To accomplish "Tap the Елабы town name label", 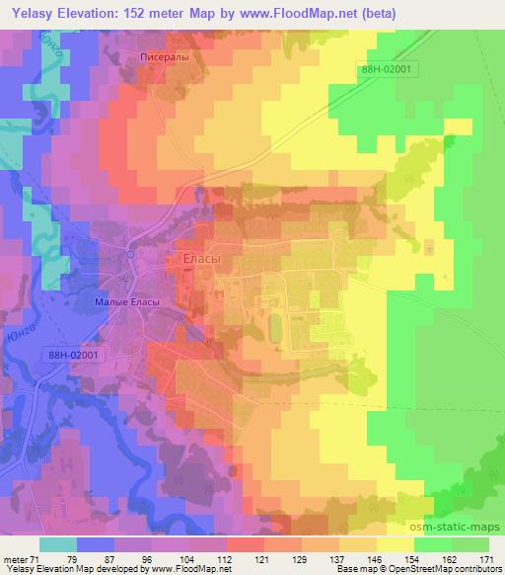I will pyautogui.click(x=202, y=259).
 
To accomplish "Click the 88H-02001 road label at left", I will pyautogui.click(x=73, y=355).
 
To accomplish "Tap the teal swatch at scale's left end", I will pyautogui.click(x=58, y=543).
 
